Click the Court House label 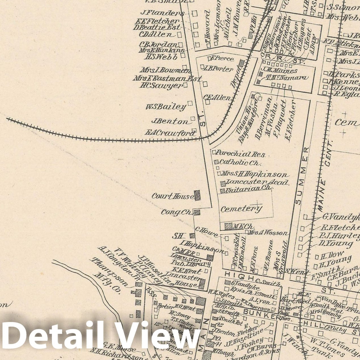pos(173,196)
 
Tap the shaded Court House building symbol pos(198,195)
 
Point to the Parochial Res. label pos(240,154)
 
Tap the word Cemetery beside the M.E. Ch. pos(241,209)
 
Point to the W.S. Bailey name pos(166,107)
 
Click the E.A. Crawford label pos(170,133)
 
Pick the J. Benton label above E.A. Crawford pos(170,122)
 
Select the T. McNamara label pos(287,78)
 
